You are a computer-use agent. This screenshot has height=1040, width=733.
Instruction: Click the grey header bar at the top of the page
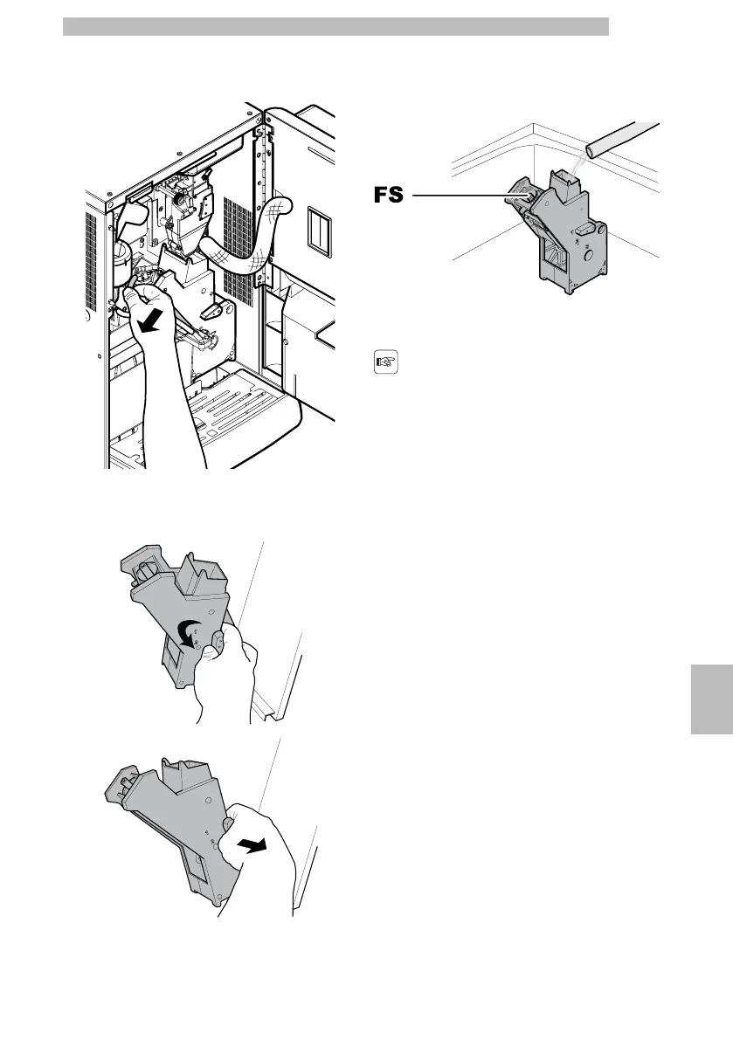pos(335,26)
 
